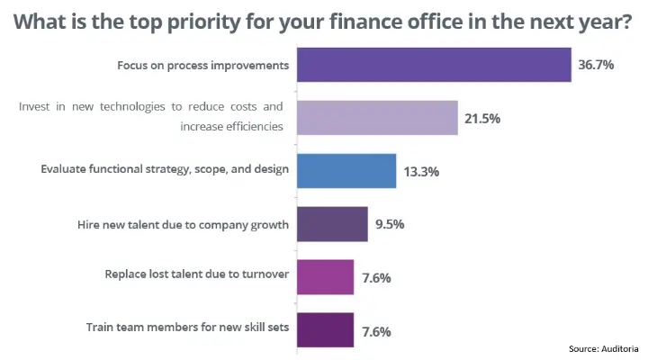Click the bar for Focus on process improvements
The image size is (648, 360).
point(434,65)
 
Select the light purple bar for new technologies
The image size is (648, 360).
point(376,117)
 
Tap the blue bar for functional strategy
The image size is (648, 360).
point(346,170)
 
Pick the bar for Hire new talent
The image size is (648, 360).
point(331,223)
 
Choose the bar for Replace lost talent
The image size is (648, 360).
point(324,276)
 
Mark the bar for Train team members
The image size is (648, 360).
point(324,329)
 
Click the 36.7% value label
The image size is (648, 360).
point(596,66)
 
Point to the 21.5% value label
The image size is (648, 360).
point(482,118)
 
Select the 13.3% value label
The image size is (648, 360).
point(420,171)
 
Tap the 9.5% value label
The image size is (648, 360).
point(389,224)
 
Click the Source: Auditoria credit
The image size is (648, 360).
point(604,348)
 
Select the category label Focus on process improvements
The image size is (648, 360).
point(202,66)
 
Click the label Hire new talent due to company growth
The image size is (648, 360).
point(184,224)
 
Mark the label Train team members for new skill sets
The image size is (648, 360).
point(187,328)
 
